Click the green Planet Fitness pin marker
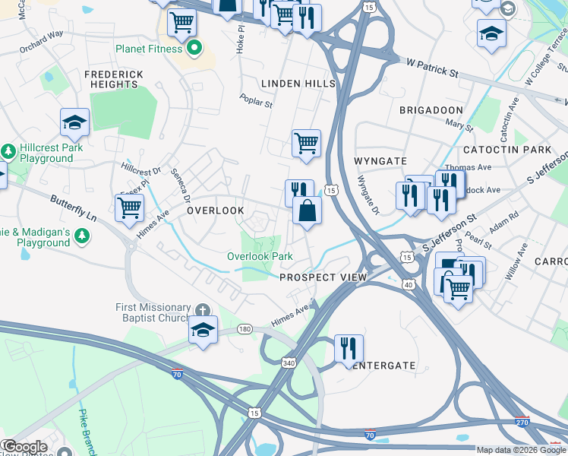tap(194, 49)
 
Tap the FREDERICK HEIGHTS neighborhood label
tap(114, 79)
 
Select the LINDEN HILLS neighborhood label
tap(298, 83)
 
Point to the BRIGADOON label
tap(431, 110)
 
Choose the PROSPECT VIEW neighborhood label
tap(323, 277)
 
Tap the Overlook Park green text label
tap(260, 257)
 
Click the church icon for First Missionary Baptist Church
tap(202, 310)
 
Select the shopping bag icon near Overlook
tap(306, 211)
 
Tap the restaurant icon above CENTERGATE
tap(349, 349)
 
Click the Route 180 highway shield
tap(245, 328)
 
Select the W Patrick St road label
tap(432, 71)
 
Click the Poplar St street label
tap(255, 100)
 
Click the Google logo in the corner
tap(24, 447)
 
